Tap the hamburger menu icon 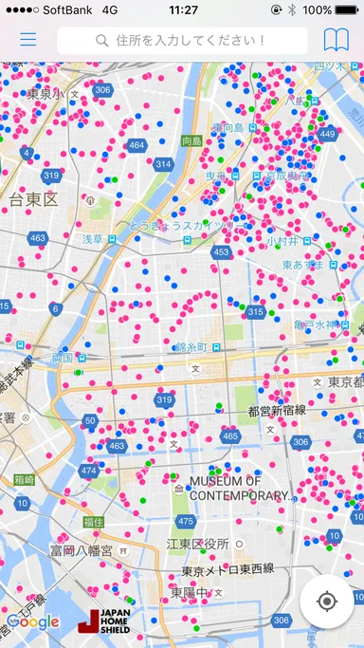pos(28,40)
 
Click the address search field pos(182,41)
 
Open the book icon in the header pos(336,40)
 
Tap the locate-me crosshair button pos(327,602)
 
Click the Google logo pos(32,622)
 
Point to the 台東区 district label pos(34,199)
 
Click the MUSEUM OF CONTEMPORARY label pos(238,489)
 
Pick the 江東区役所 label pos(197,544)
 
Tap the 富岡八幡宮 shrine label pos(82,550)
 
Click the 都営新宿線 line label pos(276,410)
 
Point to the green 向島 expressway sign pos(191,140)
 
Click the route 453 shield pos(221,252)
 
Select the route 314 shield pos(163,164)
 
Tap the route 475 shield pos(186,521)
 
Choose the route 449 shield pos(328,134)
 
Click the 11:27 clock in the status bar pos(182,9)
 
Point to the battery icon pos(345,9)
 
